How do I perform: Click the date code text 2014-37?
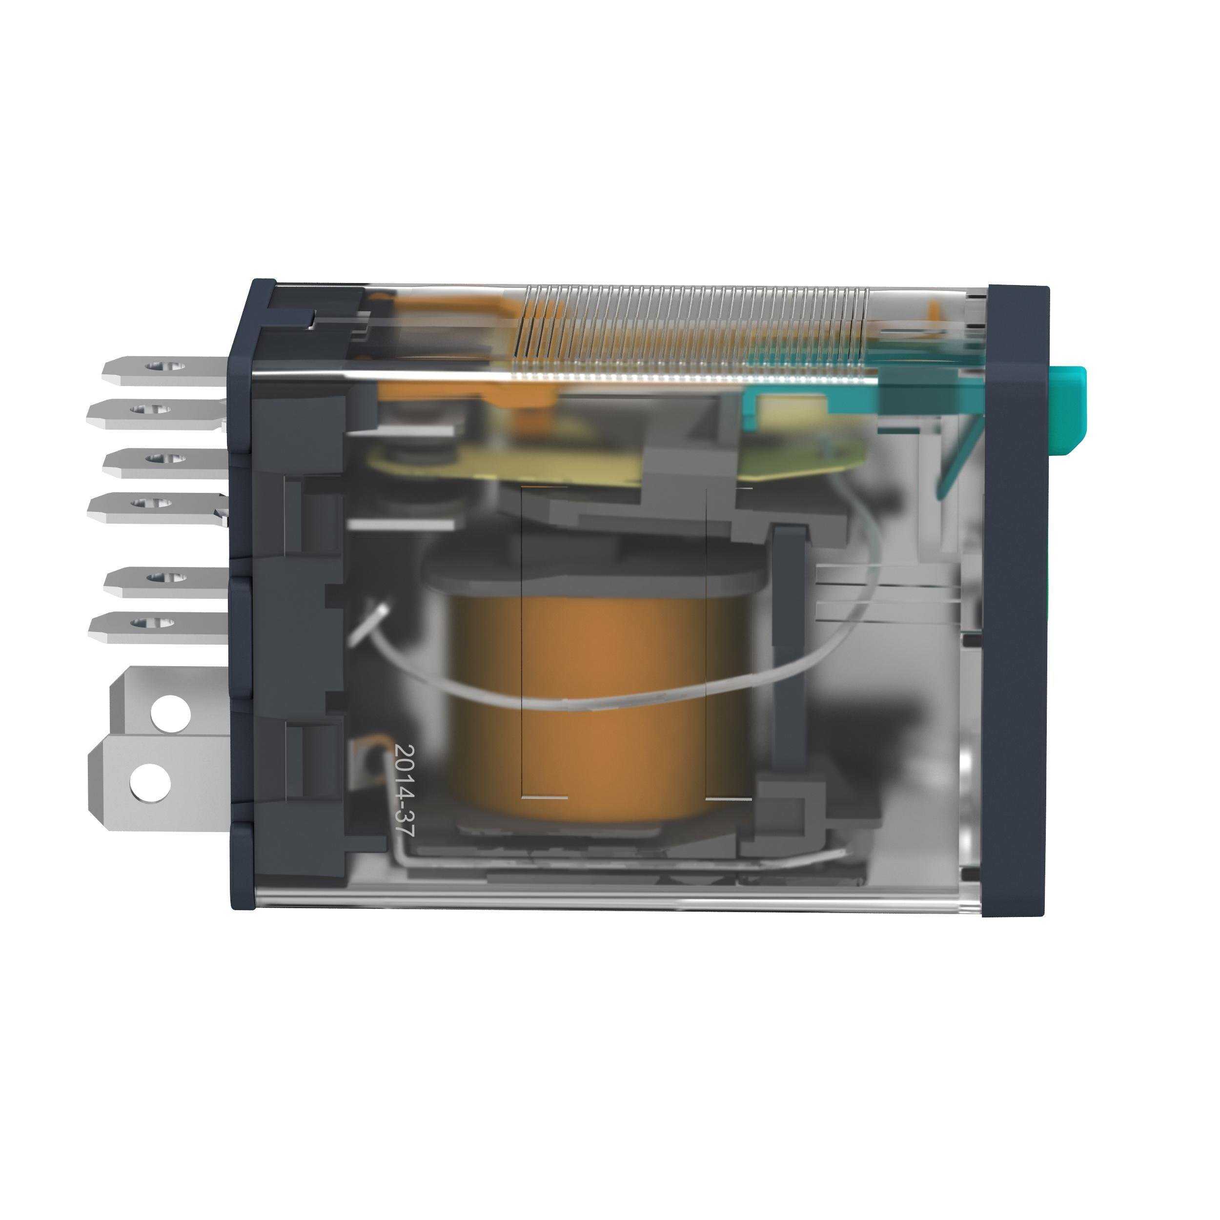click(404, 791)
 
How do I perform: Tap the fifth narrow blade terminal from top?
click(165, 580)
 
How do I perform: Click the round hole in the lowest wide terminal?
click(150, 782)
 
